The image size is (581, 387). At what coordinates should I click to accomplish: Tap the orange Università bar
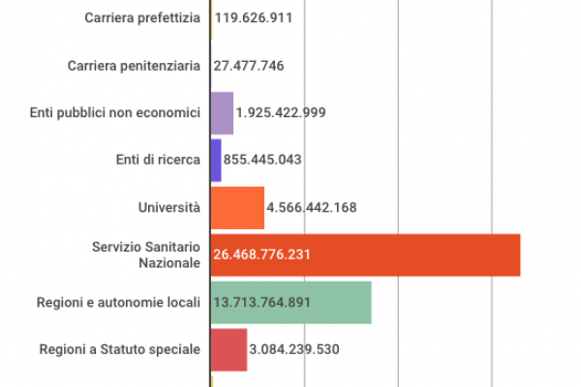237,208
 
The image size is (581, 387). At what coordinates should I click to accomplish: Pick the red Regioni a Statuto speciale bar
229,350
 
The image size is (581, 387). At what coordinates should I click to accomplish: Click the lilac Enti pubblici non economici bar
222,113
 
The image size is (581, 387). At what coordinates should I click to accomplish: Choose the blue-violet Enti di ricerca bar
216,161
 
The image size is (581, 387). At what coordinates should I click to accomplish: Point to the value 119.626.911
253,18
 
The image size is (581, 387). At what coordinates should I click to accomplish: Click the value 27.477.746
248,66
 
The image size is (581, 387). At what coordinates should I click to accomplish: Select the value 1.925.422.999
281,113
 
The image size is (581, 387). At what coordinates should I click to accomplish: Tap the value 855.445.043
263,161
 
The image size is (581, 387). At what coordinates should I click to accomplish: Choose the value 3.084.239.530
294,350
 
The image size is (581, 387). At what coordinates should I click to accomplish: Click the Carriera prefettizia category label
142,18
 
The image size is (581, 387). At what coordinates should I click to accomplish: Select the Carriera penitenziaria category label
135,66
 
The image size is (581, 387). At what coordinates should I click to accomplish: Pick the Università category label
169,208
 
